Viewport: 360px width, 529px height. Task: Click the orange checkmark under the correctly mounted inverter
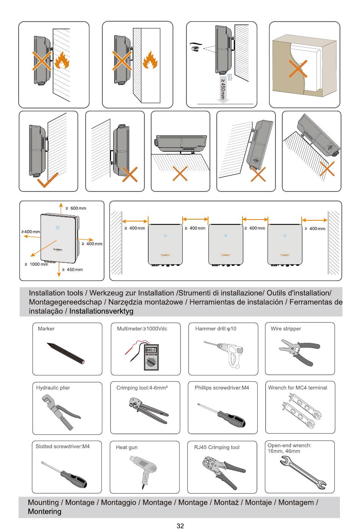(x=48, y=180)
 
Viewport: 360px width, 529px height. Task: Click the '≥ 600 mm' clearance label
(x=76, y=208)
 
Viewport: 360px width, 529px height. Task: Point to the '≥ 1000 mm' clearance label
(x=37, y=264)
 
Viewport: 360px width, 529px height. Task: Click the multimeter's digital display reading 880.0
(x=151, y=350)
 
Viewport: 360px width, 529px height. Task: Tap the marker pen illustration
(x=66, y=353)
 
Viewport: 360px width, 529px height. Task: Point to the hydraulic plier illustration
(x=61, y=411)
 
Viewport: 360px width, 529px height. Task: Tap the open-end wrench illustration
(x=303, y=472)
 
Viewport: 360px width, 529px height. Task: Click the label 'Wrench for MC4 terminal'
(x=297, y=388)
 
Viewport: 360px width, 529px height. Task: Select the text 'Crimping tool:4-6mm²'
(x=142, y=388)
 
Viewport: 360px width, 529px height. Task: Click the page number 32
(x=180, y=526)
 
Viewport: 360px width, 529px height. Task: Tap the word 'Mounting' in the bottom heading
(x=43, y=502)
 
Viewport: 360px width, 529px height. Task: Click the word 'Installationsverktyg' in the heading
(x=101, y=311)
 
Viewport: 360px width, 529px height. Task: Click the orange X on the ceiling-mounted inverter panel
(x=180, y=173)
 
